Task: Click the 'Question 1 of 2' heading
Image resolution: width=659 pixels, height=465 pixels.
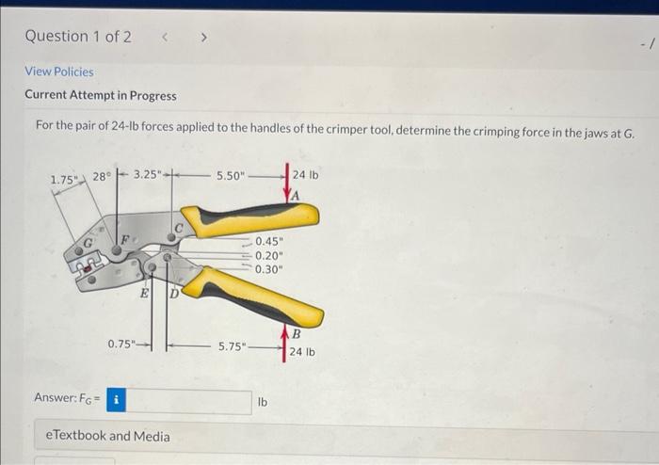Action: (78, 37)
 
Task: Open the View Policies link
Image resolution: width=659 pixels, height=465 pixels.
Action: (58, 72)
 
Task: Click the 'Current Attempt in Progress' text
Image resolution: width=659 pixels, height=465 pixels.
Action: (100, 95)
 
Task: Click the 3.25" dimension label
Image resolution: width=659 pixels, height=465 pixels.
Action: (149, 175)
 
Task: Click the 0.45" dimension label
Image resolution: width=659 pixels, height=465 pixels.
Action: (269, 241)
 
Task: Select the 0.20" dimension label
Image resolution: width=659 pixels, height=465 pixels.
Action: (269, 254)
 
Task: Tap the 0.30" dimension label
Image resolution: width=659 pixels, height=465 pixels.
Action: (269, 268)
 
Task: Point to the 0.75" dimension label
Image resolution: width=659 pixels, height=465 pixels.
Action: (123, 345)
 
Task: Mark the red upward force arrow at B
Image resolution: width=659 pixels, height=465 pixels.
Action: (284, 339)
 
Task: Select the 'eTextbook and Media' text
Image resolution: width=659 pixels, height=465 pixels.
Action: (108, 436)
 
